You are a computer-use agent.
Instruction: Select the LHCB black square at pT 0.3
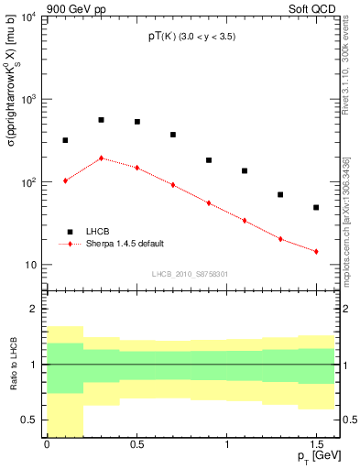(101, 120)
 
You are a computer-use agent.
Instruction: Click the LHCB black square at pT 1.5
(316, 208)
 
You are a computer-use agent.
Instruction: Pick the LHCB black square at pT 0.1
(65, 140)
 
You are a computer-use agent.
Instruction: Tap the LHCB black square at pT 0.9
(209, 160)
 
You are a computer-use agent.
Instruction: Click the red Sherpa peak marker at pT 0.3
(101, 158)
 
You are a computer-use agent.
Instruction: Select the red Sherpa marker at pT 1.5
(316, 251)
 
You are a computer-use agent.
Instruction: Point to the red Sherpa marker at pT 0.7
(173, 185)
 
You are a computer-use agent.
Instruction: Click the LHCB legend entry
(92, 232)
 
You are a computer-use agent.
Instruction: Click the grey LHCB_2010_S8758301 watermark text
(189, 273)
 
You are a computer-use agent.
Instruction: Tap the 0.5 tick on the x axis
(136, 445)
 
